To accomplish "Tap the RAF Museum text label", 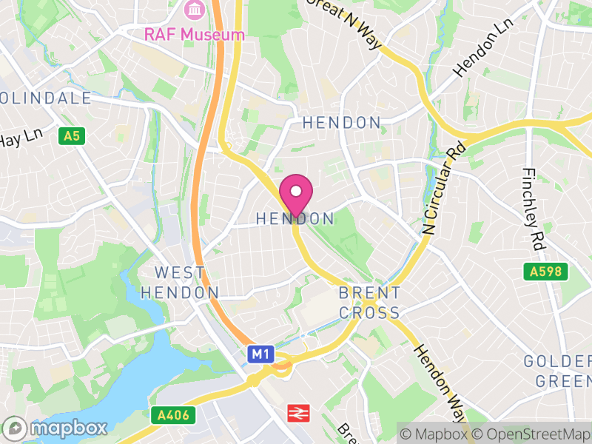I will coord(194,34).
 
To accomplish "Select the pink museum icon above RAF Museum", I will coord(194,10).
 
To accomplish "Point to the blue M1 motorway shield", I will coord(260,354).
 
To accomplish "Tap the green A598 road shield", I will coord(548,272).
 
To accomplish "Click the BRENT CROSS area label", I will coord(370,303).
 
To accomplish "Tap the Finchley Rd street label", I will coord(534,207).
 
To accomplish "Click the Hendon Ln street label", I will coord(474,57).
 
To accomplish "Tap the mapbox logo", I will coord(56,428).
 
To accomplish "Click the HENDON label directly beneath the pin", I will coord(295,219).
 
